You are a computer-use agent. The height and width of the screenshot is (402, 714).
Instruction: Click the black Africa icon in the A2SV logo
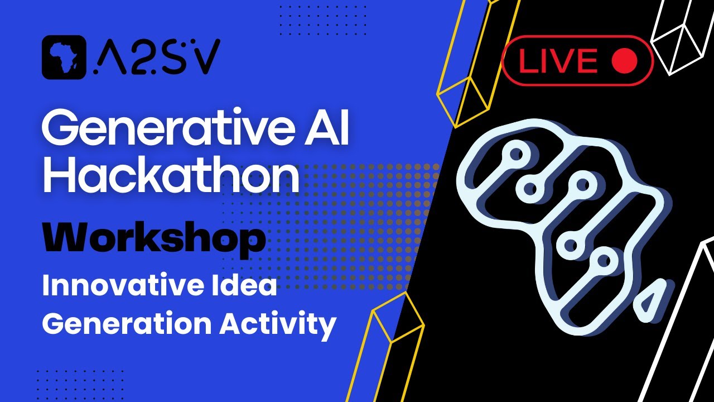[64, 57]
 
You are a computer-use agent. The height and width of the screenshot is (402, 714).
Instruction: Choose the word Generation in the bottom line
[126, 324]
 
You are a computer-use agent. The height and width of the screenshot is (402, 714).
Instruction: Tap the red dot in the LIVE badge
[624, 61]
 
